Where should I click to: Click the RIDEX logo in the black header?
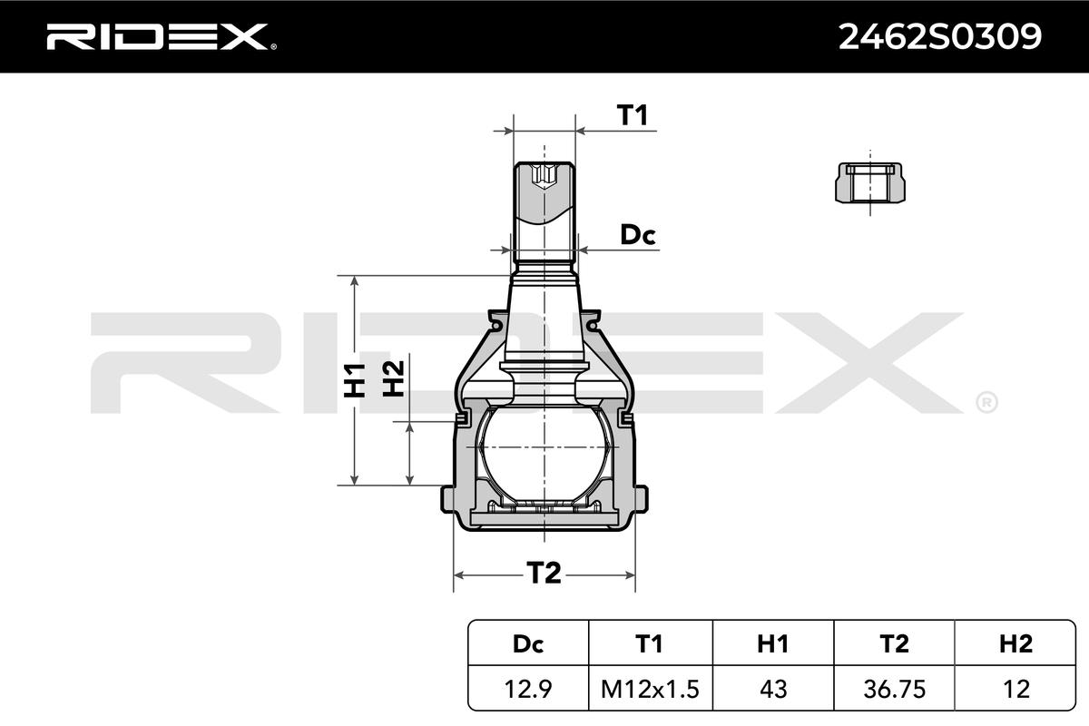point(162,37)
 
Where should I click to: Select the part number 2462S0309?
point(940,37)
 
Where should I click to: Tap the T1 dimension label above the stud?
point(632,115)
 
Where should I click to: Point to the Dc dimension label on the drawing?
point(638,235)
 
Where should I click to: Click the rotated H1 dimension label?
point(355,379)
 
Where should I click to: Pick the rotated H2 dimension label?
point(393,378)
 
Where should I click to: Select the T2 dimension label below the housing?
point(544,573)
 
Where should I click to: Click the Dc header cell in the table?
point(528,643)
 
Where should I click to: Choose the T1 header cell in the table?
point(649,643)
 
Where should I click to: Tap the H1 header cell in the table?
point(772,643)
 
